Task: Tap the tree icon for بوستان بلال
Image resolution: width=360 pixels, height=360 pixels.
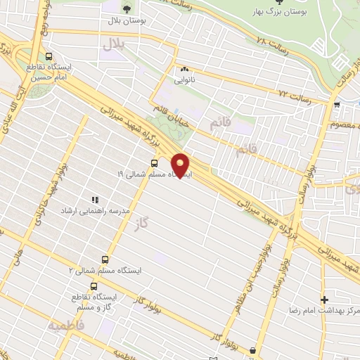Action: tap(127, 9)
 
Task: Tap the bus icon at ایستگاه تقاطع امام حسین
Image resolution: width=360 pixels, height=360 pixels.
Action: tap(48, 57)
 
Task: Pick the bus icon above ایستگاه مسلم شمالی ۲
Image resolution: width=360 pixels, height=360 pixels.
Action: tap(105, 259)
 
